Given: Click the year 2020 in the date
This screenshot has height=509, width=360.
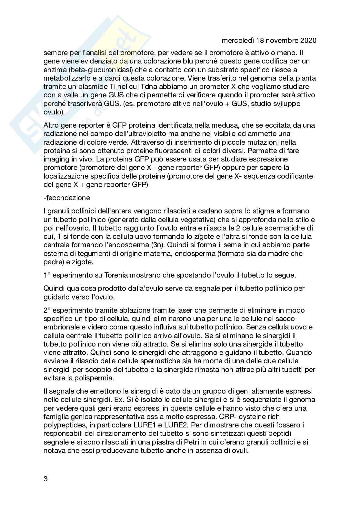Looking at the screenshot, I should click(x=308, y=41).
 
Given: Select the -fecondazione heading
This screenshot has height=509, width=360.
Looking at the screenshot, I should click(x=67, y=198).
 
